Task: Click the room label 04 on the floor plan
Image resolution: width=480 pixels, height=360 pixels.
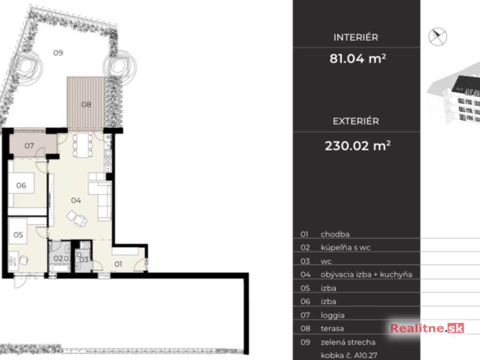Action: (76, 201)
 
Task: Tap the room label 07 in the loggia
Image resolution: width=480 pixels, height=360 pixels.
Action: (29, 146)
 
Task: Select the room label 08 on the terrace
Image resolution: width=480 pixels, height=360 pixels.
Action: (86, 105)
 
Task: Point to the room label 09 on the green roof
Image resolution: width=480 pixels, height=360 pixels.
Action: (58, 52)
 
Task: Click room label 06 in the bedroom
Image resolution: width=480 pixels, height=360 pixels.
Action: (21, 185)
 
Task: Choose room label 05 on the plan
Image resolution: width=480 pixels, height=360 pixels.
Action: (18, 235)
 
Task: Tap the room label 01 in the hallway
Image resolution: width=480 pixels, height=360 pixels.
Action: (118, 264)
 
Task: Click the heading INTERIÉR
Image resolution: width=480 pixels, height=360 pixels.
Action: (356, 37)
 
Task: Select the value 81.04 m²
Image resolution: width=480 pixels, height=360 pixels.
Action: (358, 59)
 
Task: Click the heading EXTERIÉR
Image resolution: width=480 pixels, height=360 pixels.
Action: (356, 121)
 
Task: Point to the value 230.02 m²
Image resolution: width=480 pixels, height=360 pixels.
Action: (358, 146)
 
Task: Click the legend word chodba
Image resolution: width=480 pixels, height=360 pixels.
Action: (335, 234)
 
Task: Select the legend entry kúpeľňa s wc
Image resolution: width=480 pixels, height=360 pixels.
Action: (345, 247)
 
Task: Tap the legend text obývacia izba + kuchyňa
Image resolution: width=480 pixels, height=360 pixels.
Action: (366, 275)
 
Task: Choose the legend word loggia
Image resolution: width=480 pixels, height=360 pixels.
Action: (332, 315)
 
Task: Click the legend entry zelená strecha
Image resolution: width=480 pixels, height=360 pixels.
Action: (348, 342)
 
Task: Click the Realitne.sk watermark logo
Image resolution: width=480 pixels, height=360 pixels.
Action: (427, 328)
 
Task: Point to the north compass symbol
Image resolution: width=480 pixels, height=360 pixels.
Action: (437, 37)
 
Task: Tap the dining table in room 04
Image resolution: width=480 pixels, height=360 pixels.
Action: (82, 145)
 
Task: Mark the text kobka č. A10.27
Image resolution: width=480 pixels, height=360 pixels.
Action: (349, 355)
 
